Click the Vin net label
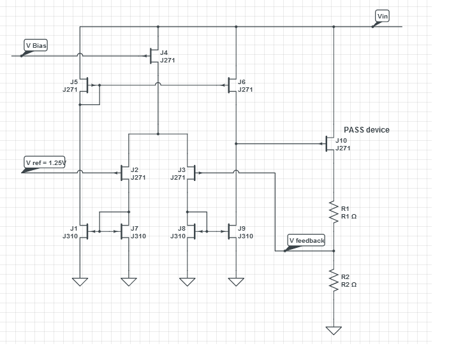(383, 16)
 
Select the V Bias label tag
(36, 45)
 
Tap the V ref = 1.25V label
(45, 162)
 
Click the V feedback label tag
(306, 240)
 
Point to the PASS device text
(367, 130)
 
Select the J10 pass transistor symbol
(329, 143)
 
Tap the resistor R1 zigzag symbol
(334, 212)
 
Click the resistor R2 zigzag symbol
(334, 280)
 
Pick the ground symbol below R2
(334, 330)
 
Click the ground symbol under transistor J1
(80, 282)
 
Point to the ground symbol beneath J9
(236, 282)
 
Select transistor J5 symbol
(86, 85)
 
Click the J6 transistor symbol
(231, 85)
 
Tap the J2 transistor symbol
(123, 173)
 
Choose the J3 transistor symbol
(193, 173)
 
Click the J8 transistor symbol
(193, 231)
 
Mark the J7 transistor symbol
(123, 231)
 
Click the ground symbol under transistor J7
(129, 282)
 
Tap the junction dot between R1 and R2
(334, 251)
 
